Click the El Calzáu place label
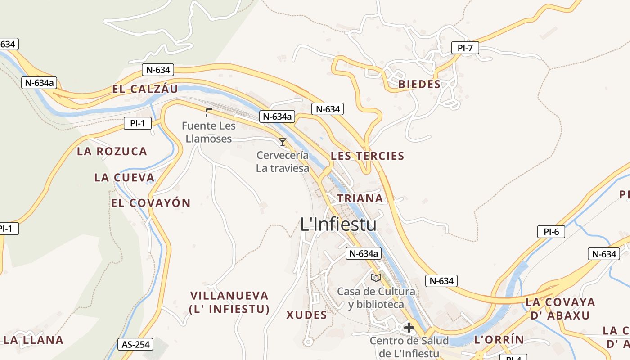145,89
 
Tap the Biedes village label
419,84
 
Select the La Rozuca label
112,151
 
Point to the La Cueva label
125,178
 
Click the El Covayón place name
151,203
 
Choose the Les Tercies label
368,156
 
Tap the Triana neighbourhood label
360,198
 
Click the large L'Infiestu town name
338,224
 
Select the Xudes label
307,315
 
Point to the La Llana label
34,340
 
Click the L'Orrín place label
499,340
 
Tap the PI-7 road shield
465,48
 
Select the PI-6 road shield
551,232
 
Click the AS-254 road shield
135,345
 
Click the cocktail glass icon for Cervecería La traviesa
283,142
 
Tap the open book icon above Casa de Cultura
376,278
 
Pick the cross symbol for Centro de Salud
409,328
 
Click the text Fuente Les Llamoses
209,132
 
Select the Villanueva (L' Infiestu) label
229,302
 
